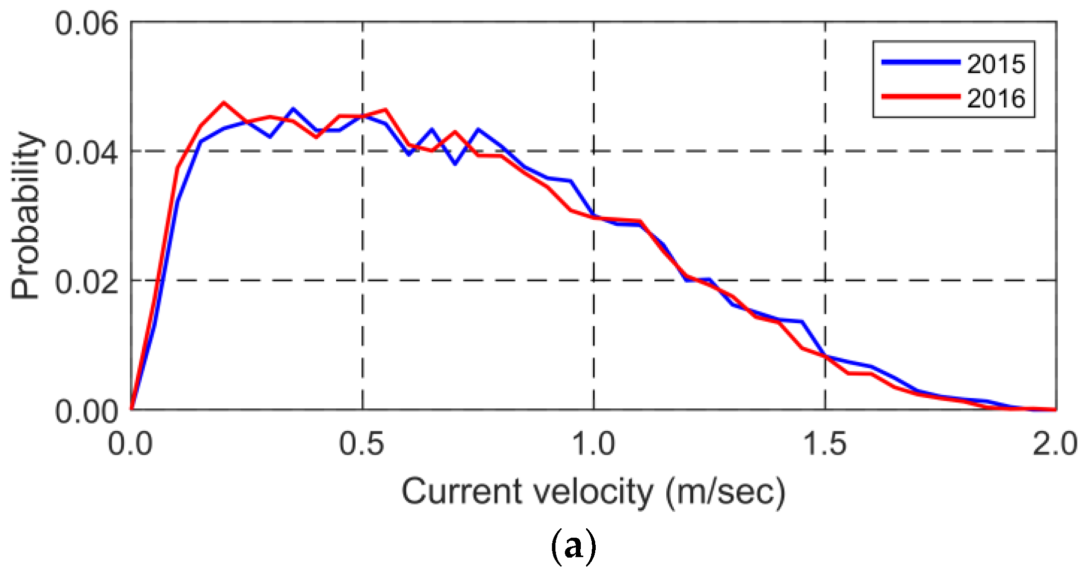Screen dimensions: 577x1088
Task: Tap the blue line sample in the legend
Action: click(x=920, y=62)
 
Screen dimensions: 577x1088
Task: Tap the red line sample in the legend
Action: click(x=920, y=96)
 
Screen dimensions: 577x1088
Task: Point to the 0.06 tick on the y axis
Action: click(x=87, y=23)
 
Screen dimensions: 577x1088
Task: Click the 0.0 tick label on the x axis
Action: click(x=130, y=443)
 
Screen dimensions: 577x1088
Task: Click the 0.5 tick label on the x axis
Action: click(x=362, y=443)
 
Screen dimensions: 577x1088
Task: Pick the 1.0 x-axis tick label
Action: click(x=593, y=443)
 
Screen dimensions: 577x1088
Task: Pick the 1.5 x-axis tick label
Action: click(x=824, y=443)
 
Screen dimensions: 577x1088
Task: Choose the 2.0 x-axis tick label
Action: click(x=1054, y=443)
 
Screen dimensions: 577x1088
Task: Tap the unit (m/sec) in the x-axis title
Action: click(x=725, y=492)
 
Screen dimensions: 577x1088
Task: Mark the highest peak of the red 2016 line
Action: click(x=224, y=102)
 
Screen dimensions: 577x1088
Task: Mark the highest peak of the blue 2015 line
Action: click(x=293, y=108)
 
